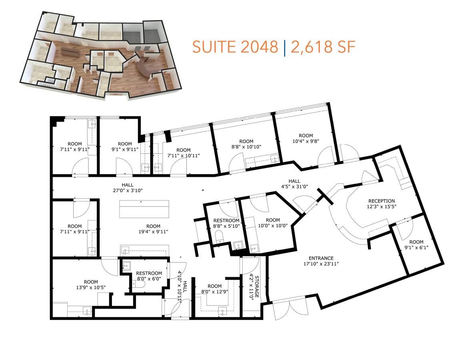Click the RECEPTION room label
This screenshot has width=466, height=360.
tap(381, 201)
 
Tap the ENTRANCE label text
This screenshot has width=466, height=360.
tap(321, 258)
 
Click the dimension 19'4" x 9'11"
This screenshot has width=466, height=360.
tap(153, 232)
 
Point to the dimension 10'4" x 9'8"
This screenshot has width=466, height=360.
tap(306, 141)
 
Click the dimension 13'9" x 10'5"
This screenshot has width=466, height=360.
tap(91, 288)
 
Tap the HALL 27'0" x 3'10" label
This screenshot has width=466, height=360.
tap(128, 188)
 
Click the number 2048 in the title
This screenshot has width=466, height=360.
tap(259, 47)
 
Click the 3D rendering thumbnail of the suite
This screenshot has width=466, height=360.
tap(100, 54)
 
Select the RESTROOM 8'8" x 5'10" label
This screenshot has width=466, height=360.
tap(226, 223)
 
